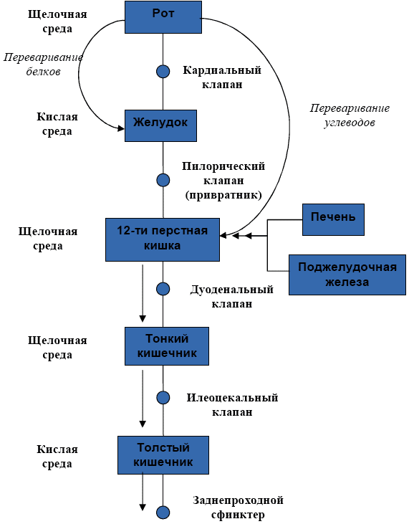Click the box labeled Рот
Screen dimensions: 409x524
click(x=163, y=17)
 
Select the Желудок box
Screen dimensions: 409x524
click(x=160, y=125)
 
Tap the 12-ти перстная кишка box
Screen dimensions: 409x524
click(x=163, y=239)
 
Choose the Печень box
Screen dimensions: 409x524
click(x=333, y=219)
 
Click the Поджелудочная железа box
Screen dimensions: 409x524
click(x=347, y=275)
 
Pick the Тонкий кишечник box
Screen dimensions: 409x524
click(x=167, y=346)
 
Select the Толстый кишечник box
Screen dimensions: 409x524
click(x=163, y=454)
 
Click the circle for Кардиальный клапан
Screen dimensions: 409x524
click(x=163, y=71)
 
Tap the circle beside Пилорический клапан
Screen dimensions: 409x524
click(x=163, y=180)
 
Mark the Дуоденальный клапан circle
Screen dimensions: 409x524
click(x=163, y=289)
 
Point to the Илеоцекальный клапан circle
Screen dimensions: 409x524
click(x=163, y=398)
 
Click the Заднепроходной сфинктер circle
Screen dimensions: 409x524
click(x=163, y=513)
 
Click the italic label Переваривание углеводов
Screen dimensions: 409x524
click(x=350, y=115)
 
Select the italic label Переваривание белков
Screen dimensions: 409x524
click(x=44, y=65)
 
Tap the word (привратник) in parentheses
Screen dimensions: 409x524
click(x=223, y=195)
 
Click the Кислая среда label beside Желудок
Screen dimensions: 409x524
click(x=57, y=123)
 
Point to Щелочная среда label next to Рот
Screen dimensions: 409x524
click(x=57, y=21)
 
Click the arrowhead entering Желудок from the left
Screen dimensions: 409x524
click(x=121, y=128)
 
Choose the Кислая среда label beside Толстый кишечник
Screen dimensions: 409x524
click(x=57, y=457)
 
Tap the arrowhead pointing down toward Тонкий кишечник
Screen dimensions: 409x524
click(x=143, y=318)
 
